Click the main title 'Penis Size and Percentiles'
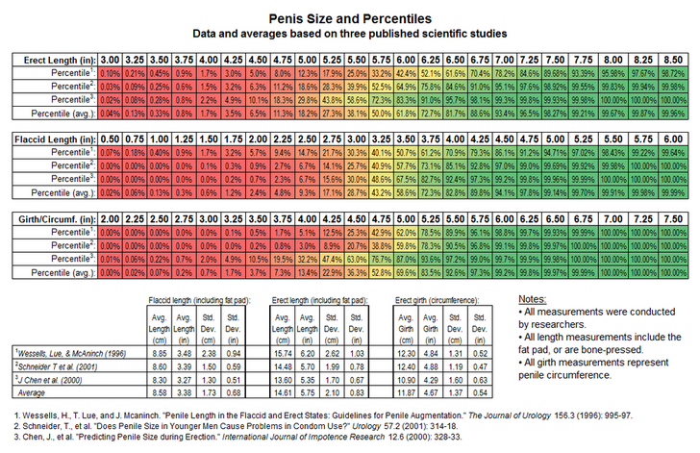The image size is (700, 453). tap(349, 17)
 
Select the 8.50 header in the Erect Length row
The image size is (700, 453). tap(672, 60)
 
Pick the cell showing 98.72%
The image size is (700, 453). tap(672, 72)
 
